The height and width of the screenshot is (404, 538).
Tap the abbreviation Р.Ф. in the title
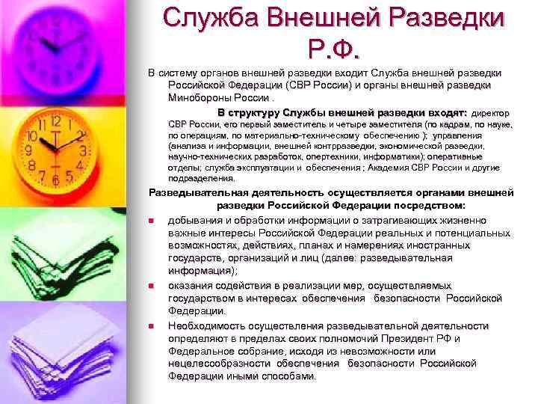(333, 51)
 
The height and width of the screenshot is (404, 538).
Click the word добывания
(197, 221)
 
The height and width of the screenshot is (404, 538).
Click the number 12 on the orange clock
(55, 120)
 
